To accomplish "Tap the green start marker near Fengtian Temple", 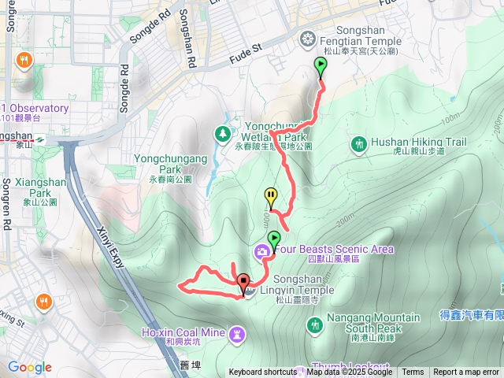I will [x=321, y=67].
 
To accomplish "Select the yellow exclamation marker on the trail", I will [x=271, y=196].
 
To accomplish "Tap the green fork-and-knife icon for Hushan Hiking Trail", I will [x=359, y=143].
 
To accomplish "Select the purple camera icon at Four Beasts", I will [x=261, y=250].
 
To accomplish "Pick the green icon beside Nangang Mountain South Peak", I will [x=315, y=324].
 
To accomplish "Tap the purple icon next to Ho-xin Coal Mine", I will [x=236, y=335].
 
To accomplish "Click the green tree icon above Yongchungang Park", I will [x=223, y=133].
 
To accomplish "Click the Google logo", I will [x=30, y=367].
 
